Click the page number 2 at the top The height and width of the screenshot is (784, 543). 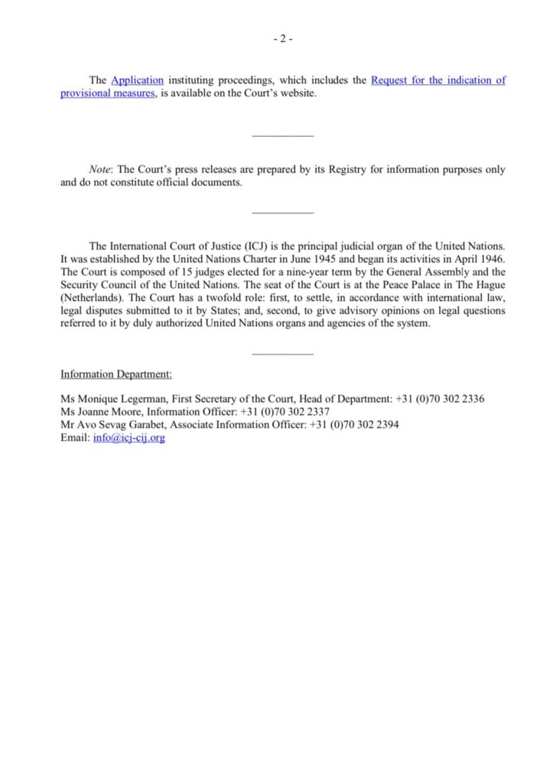coord(281,41)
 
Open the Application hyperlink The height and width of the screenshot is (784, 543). coord(138,80)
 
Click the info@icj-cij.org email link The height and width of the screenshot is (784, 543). coord(129,439)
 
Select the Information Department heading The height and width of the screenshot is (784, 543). coord(116,374)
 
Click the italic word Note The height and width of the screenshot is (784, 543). coord(100,170)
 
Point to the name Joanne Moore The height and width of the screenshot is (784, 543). coord(105,412)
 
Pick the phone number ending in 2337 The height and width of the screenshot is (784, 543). coord(285,412)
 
